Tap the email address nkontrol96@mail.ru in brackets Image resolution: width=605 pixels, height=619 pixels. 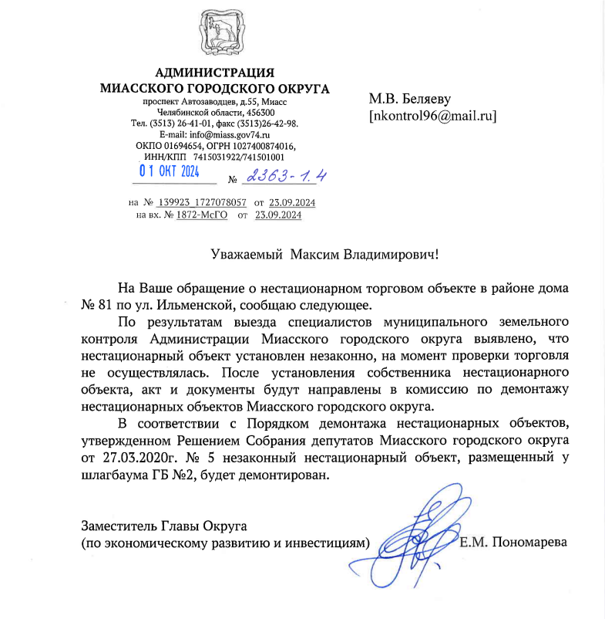pos(432,117)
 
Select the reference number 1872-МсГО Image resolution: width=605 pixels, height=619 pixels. pos(201,215)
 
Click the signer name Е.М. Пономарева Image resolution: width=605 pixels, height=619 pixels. pos(513,542)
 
